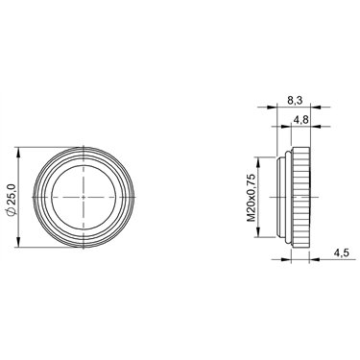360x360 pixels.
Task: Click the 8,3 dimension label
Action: click(295, 101)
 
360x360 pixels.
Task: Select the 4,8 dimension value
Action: click(300, 120)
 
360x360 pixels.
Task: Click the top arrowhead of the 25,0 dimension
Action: click(18, 152)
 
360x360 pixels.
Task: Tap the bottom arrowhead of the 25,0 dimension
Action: click(18, 243)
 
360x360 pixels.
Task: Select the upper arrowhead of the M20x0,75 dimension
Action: click(258, 161)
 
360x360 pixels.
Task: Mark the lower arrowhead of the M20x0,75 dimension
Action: click(258, 233)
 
